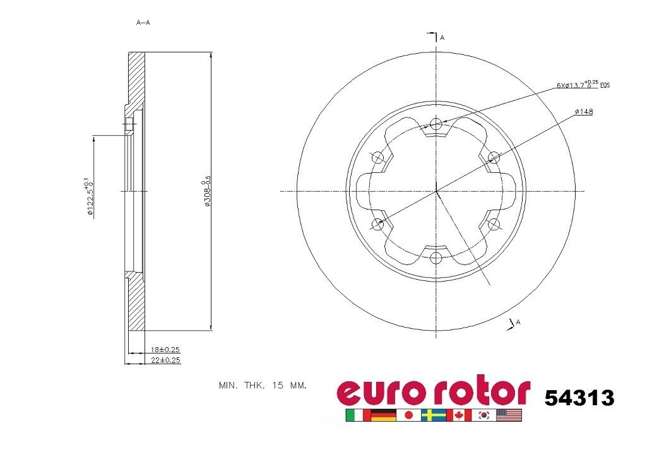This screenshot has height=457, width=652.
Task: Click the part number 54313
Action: tap(579, 397)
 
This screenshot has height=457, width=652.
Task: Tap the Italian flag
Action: tap(357, 415)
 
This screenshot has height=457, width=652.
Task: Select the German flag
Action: tap(383, 415)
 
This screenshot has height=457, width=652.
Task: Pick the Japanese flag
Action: tap(408, 415)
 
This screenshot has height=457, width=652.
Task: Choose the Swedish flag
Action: tap(434, 415)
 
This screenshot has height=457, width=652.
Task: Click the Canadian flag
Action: tap(459, 415)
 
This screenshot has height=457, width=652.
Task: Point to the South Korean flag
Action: tap(484, 415)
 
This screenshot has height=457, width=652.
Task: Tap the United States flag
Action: tap(509, 415)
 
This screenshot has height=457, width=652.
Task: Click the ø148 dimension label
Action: tap(584, 112)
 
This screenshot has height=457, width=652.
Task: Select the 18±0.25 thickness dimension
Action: tap(166, 349)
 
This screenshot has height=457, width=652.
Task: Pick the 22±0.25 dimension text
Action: tap(166, 360)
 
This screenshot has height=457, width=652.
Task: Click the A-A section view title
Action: tap(143, 23)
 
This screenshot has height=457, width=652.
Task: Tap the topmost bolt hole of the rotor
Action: tap(436, 124)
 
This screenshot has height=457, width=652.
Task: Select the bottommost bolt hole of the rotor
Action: tap(436, 258)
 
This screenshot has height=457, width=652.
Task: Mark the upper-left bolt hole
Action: tap(378, 157)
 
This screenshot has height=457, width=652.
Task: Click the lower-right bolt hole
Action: tap(494, 224)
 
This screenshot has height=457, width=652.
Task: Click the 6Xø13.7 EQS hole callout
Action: tap(583, 85)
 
